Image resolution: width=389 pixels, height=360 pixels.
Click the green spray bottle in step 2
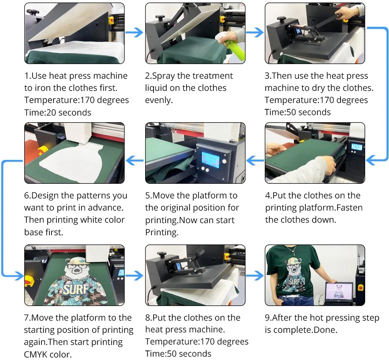click(x=230, y=47)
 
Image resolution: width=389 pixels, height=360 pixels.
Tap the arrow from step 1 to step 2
click(x=134, y=32)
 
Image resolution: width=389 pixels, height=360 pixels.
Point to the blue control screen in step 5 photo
click(x=210, y=159)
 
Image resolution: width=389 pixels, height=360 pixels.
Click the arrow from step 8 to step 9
click(x=255, y=275)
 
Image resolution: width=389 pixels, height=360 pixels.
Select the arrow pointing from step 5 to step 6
click(x=134, y=160)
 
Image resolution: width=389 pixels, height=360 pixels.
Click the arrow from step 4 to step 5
click(x=255, y=160)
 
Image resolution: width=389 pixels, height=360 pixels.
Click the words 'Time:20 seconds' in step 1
click(x=58, y=113)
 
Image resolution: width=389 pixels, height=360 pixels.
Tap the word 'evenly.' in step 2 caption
click(x=159, y=100)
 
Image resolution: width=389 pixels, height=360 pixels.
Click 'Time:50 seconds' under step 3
click(x=298, y=112)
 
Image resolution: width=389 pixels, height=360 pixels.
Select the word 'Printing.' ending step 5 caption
click(x=162, y=232)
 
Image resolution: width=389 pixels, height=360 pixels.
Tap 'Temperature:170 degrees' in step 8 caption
click(x=197, y=342)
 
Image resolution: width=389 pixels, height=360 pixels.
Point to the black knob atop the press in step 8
click(x=161, y=255)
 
